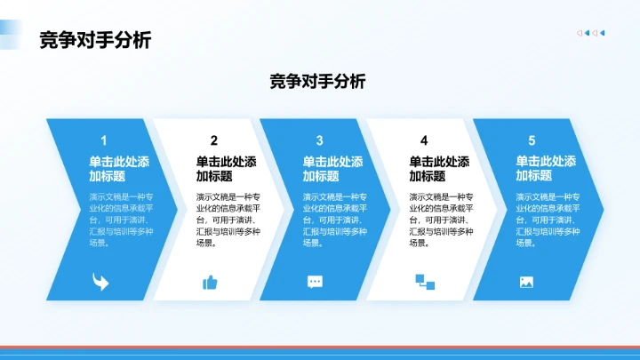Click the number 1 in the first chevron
pos(104,140)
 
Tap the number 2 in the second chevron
pos(213,140)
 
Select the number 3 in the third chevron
pos(319,140)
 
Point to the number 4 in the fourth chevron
pos(424,140)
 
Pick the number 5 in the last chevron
pos(532,140)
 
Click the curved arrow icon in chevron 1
pos(100,282)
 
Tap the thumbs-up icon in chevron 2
pos(210,282)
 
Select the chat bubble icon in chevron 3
pos(315,282)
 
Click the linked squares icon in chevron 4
pos(424,282)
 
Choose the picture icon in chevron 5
pos(526,282)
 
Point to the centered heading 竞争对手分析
pos(317,82)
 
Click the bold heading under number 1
pos(119,169)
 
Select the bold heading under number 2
pos(226,169)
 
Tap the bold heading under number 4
pos(439,169)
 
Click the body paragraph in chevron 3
pos(334,220)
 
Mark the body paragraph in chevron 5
pos(548,220)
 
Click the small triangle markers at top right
pos(591,33)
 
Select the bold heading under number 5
pos(546,169)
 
